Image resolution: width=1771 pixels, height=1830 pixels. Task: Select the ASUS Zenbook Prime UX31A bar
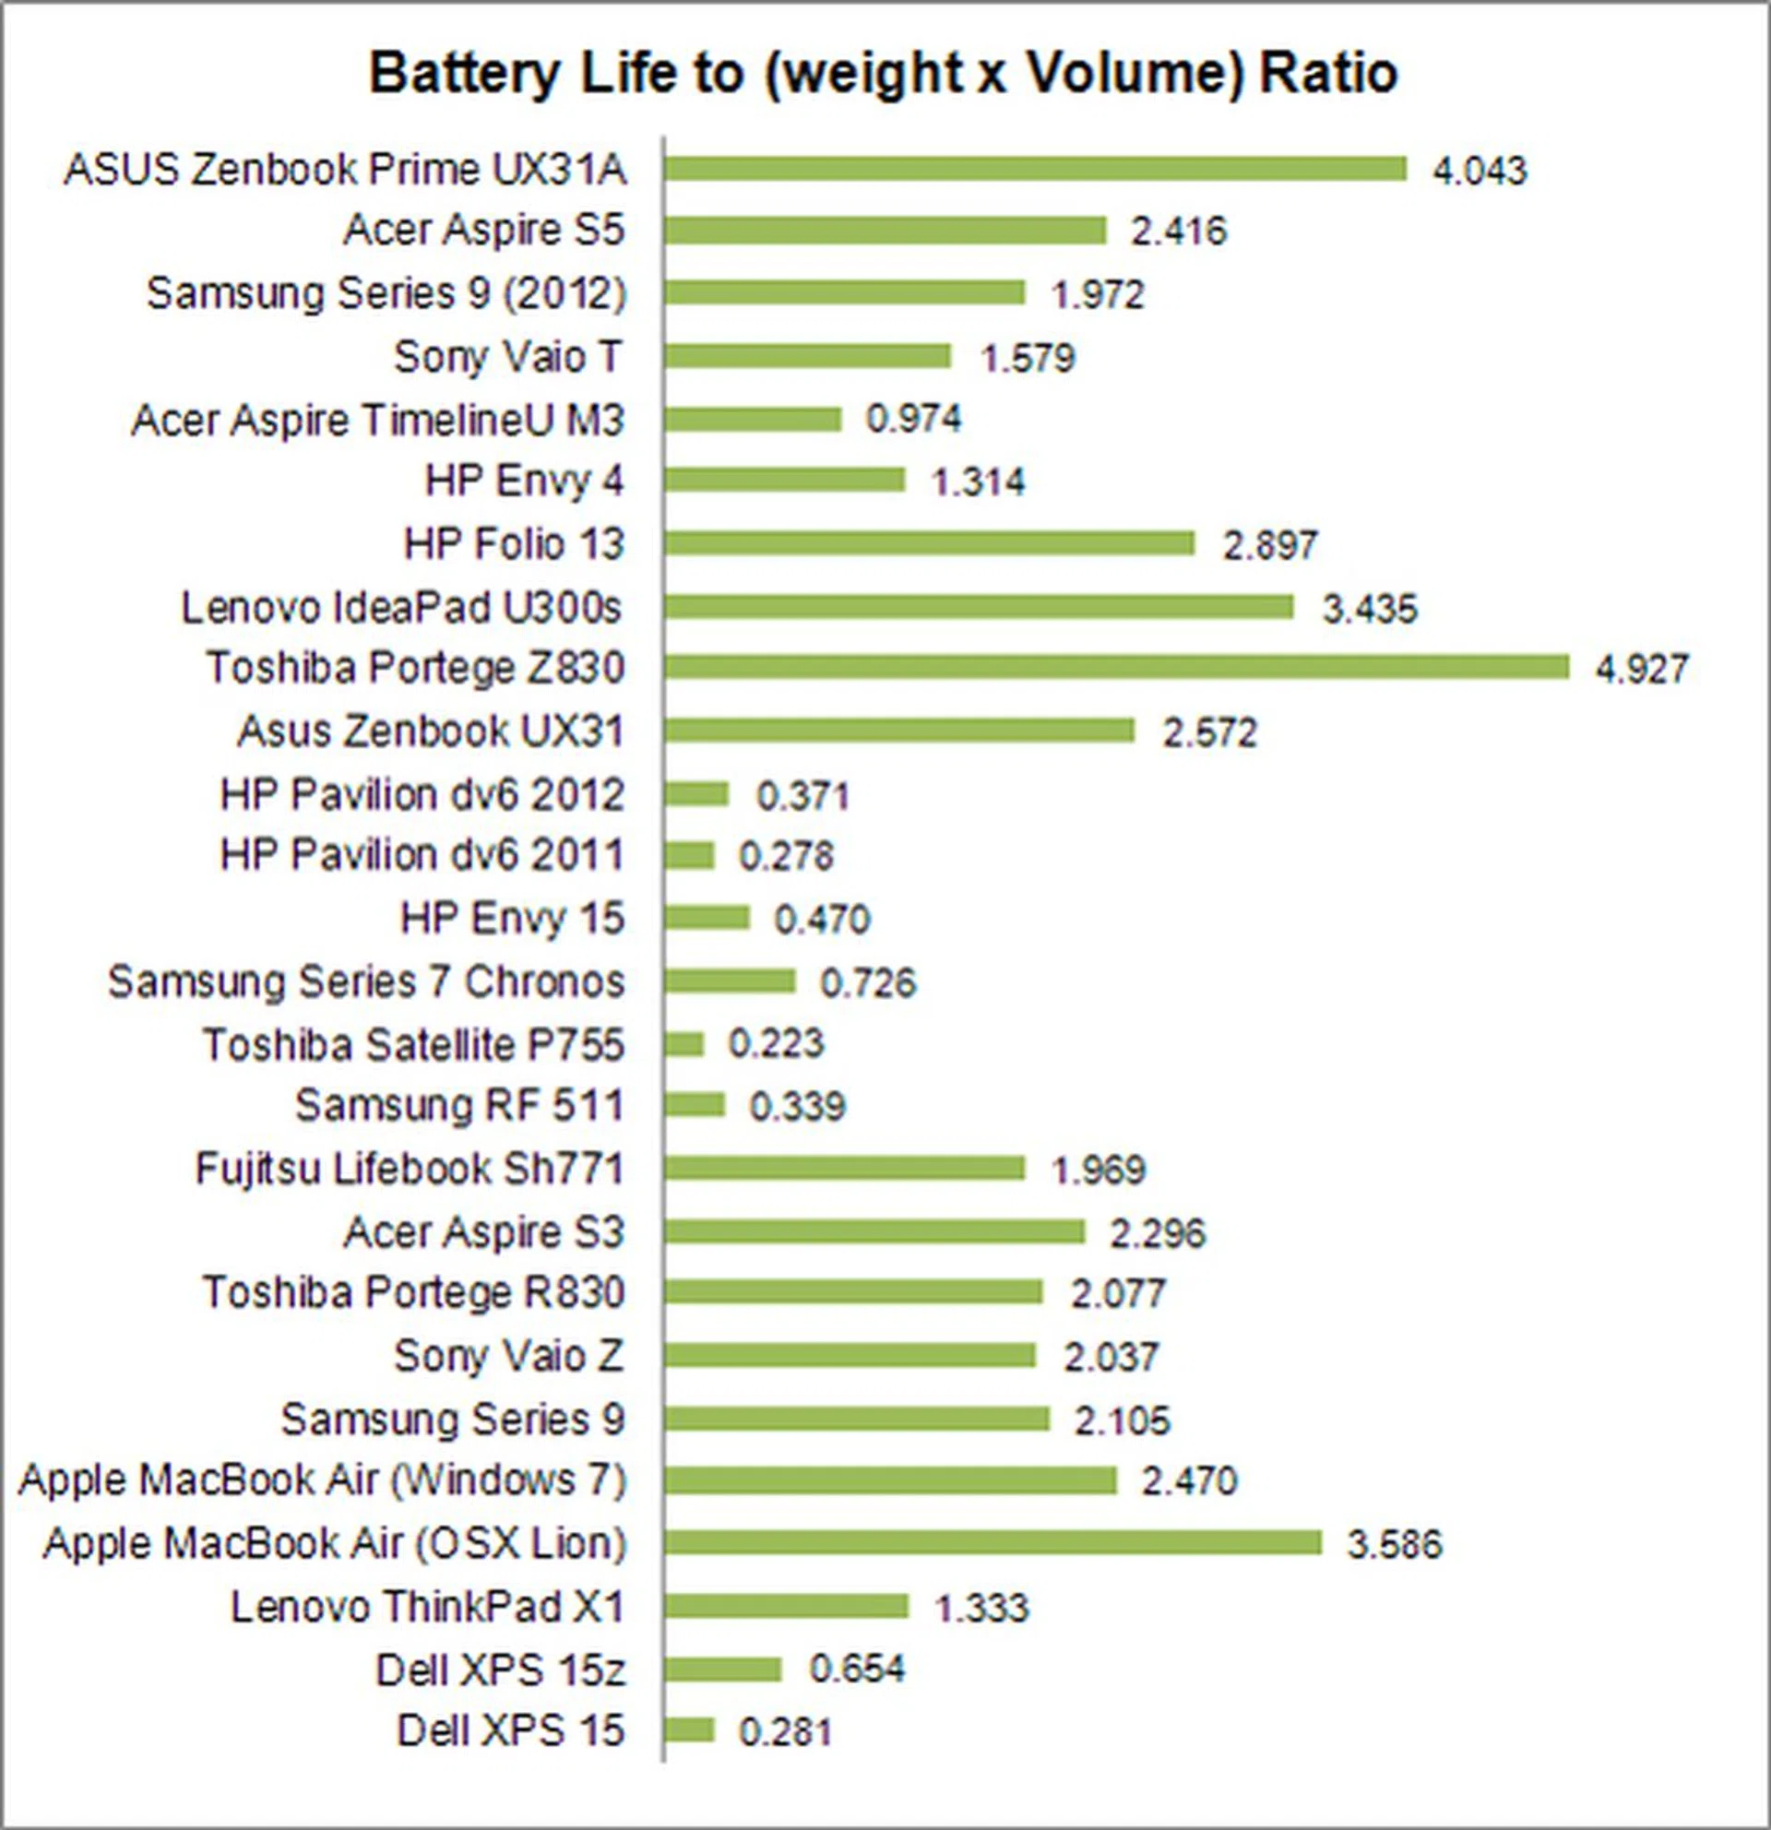[1034, 169]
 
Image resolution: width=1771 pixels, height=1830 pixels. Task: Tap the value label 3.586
[1394, 1544]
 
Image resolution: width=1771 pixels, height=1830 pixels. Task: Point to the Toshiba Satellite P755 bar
[684, 1044]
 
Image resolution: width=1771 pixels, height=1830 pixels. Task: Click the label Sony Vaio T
[507, 357]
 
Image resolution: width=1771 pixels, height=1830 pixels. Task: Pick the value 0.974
[913, 418]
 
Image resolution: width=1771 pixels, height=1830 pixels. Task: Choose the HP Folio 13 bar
[929, 543]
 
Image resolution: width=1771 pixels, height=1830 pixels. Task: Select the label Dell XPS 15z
[499, 1670]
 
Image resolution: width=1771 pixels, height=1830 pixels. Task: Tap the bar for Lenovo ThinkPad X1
[786, 1606]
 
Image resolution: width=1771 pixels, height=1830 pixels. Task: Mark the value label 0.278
[785, 856]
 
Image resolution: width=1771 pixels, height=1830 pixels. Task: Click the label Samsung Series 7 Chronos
[366, 981]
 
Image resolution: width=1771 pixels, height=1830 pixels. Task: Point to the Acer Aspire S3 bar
[874, 1231]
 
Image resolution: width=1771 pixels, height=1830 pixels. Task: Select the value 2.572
[1209, 732]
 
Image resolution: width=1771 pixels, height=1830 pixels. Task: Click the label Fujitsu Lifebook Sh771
[409, 1169]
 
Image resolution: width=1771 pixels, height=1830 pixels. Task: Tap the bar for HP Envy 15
[707, 918]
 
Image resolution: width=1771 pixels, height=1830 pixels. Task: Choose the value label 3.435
[1370, 609]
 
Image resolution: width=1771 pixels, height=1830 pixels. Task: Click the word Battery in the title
[463, 73]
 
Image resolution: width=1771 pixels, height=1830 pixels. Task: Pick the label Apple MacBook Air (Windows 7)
[322, 1479]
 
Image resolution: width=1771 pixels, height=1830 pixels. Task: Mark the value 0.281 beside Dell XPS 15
[784, 1732]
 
